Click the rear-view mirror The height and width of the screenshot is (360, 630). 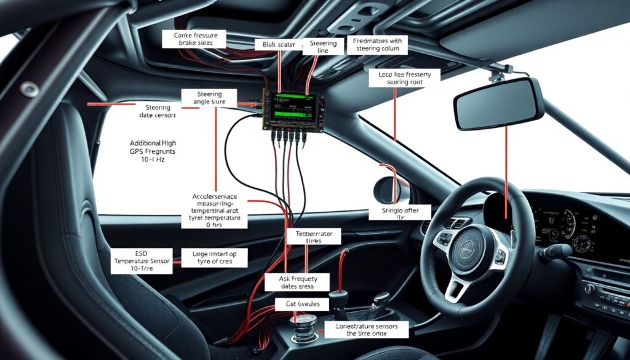(x=498, y=104)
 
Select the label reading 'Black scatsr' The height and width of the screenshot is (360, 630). (x=279, y=45)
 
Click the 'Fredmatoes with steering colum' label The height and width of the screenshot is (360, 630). (x=377, y=45)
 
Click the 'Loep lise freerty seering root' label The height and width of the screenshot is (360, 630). (x=405, y=78)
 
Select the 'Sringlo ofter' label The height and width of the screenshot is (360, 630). (x=396, y=213)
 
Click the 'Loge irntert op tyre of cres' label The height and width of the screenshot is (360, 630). (x=215, y=258)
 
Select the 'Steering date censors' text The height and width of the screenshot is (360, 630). (x=154, y=111)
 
